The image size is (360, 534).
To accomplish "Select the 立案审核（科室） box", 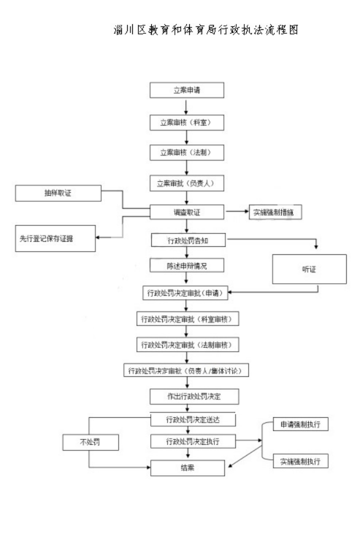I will (186, 123).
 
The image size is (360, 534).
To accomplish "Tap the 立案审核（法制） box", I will (186, 153).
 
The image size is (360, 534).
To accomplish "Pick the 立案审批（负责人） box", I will (186, 184).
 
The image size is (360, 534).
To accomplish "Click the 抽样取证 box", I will (58, 193).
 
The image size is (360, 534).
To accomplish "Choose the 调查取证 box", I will (186, 212).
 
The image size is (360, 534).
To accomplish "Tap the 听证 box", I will (309, 269).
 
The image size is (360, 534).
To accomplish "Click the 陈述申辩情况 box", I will (186, 266).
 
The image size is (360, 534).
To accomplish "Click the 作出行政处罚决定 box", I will (186, 397).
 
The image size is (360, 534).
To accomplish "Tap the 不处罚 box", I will (90, 442).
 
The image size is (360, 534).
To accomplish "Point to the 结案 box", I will (186, 468).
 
